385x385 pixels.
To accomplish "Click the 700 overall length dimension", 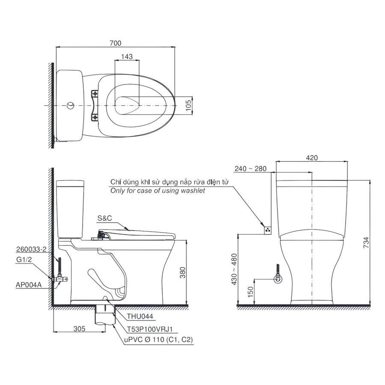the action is tap(115, 43).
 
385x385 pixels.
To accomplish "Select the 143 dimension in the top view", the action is tap(127, 56).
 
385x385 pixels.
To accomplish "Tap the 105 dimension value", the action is tap(188, 105).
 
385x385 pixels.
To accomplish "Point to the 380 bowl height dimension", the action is tap(183, 272).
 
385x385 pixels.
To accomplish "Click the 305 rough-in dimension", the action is tap(79, 329).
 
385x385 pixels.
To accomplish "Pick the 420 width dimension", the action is tap(312, 157).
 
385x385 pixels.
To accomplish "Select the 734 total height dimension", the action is tap(366, 243).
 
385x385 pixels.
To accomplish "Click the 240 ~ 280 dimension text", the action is tap(250, 169).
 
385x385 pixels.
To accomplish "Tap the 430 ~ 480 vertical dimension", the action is tap(234, 269).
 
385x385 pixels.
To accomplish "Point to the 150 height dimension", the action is tap(250, 292).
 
